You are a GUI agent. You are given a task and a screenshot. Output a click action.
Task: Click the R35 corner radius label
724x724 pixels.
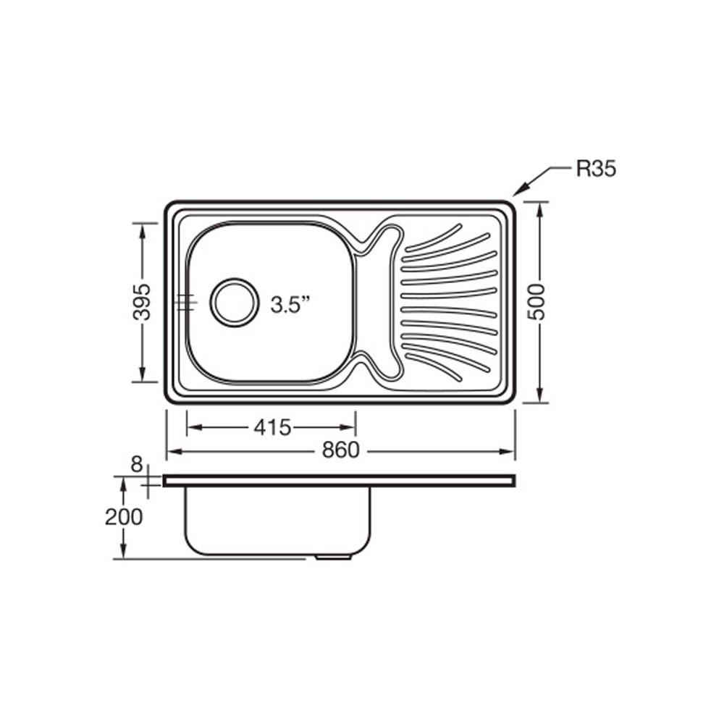[596, 169]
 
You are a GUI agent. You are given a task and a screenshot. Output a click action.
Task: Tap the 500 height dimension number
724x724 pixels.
[536, 302]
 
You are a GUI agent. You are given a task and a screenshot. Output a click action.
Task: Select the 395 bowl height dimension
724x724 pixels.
[142, 302]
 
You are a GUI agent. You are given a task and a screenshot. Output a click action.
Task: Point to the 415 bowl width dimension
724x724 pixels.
[272, 428]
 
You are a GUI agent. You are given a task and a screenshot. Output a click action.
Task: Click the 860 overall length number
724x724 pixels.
[341, 450]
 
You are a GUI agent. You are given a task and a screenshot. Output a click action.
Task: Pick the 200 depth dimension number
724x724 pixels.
[123, 517]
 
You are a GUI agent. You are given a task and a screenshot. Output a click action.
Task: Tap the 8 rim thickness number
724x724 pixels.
[136, 465]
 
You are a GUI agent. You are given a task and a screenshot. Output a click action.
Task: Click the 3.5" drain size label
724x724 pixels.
[290, 305]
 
